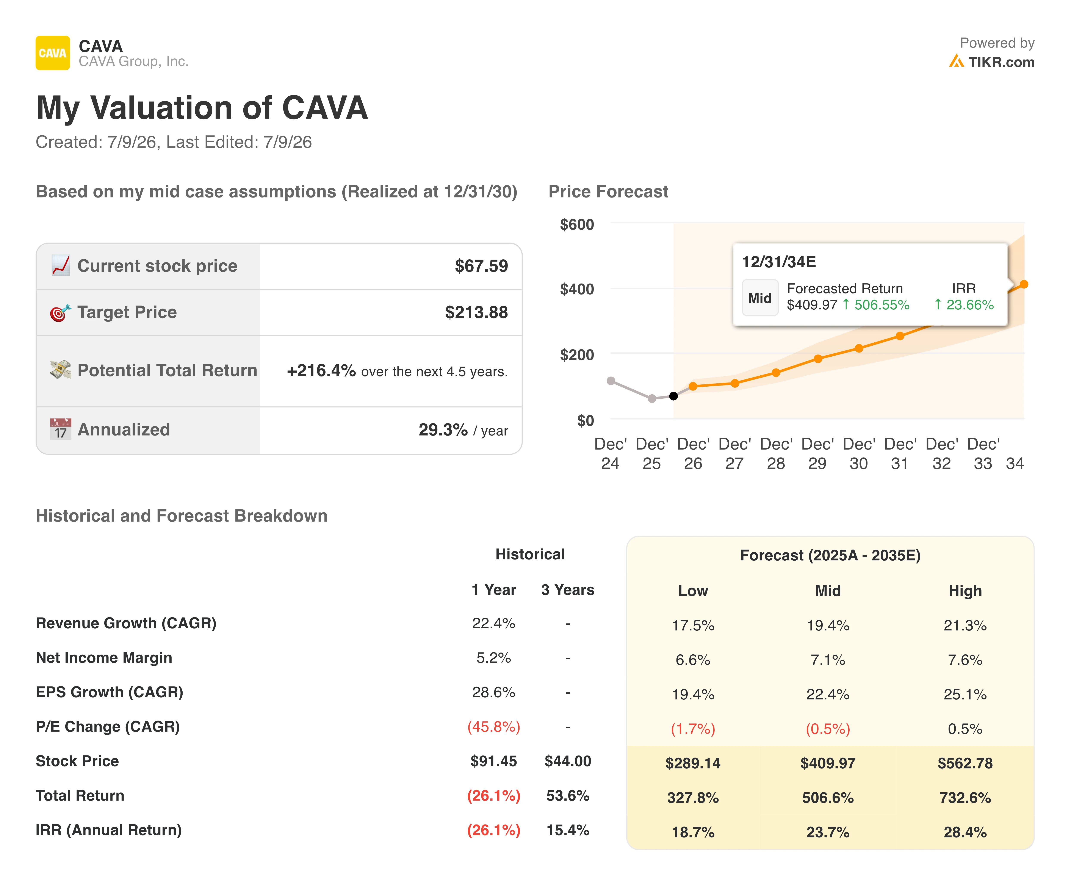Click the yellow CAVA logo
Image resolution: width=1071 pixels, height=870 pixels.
coord(53,53)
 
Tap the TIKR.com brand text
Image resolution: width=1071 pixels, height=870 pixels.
coord(1001,62)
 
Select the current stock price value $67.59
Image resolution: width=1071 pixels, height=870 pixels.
coord(481,266)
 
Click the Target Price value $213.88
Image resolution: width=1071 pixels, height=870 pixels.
coord(476,312)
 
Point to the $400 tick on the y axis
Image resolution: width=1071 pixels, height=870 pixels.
coord(577,289)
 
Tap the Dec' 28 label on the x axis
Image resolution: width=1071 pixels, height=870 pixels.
coord(776,453)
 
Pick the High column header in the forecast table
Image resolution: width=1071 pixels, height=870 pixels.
coord(965,591)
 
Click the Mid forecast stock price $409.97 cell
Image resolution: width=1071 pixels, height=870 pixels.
coord(828,763)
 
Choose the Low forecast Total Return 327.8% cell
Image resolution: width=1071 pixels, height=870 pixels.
coord(693,798)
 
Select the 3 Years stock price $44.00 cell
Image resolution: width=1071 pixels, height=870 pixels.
coord(568,761)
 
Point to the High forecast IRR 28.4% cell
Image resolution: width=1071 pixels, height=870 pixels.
coord(965,832)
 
